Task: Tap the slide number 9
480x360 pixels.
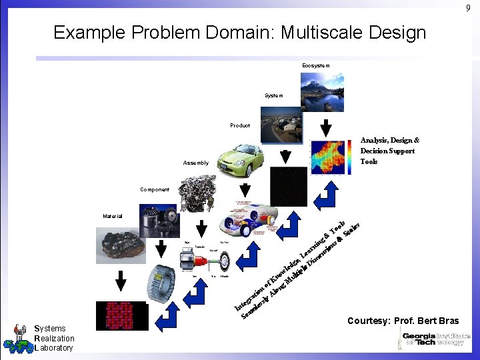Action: tap(468, 7)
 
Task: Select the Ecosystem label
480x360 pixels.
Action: tap(315, 65)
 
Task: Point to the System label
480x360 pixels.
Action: tap(273, 95)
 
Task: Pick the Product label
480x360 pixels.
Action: tap(240, 125)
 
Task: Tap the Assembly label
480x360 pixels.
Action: tap(196, 163)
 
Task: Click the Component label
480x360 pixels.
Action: tap(155, 189)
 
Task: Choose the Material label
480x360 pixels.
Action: tap(113, 216)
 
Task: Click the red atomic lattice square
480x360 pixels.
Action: tap(121, 315)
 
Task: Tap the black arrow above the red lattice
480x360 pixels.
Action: tap(121, 283)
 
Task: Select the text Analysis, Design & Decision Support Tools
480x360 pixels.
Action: tap(389, 151)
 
